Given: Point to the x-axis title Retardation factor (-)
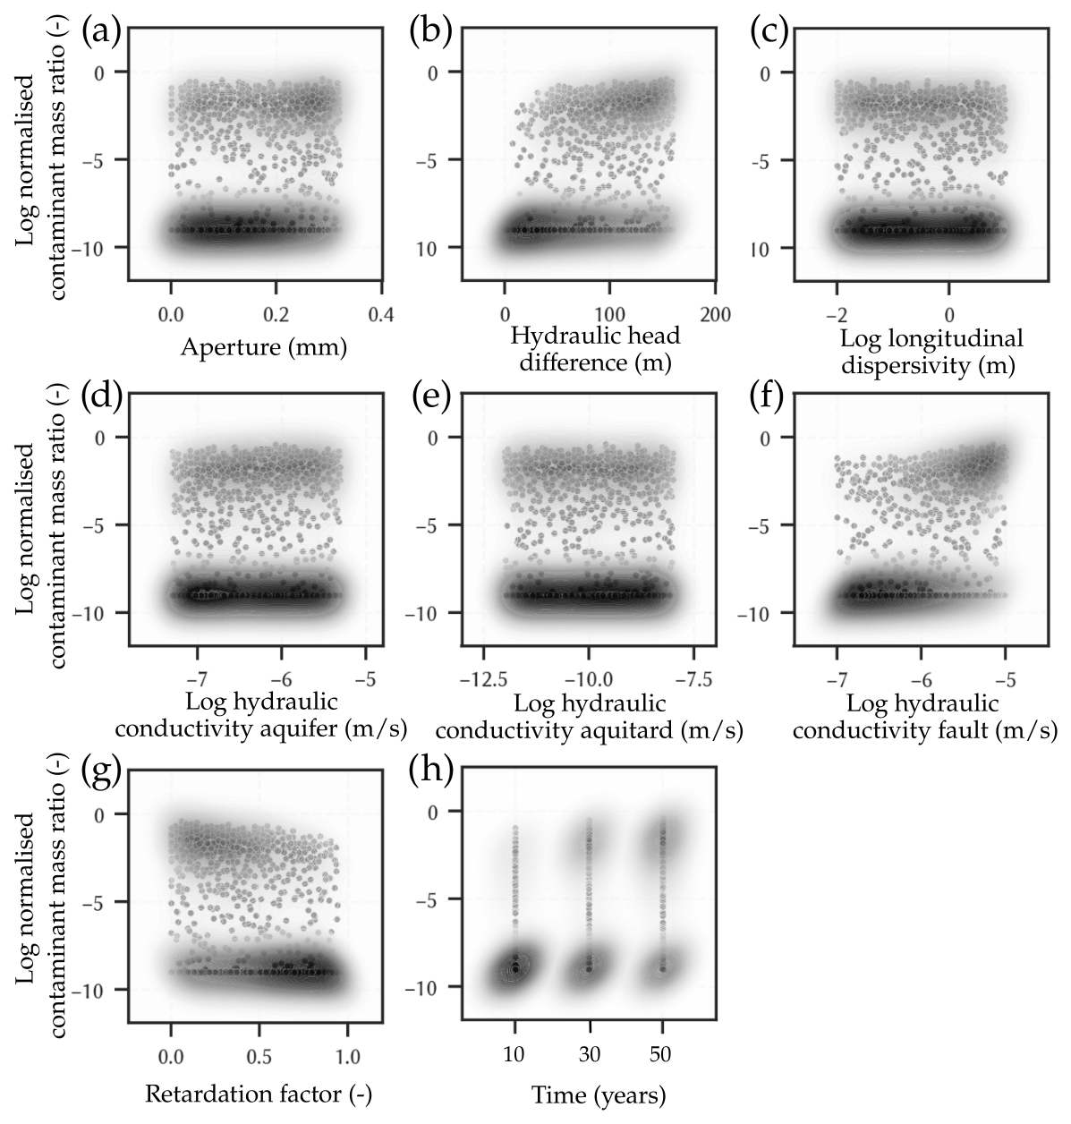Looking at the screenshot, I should pyautogui.click(x=258, y=1094).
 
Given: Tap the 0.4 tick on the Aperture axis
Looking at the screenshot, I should pyautogui.click(x=382, y=315).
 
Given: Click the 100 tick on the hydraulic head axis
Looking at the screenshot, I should pyautogui.click(x=609, y=315).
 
